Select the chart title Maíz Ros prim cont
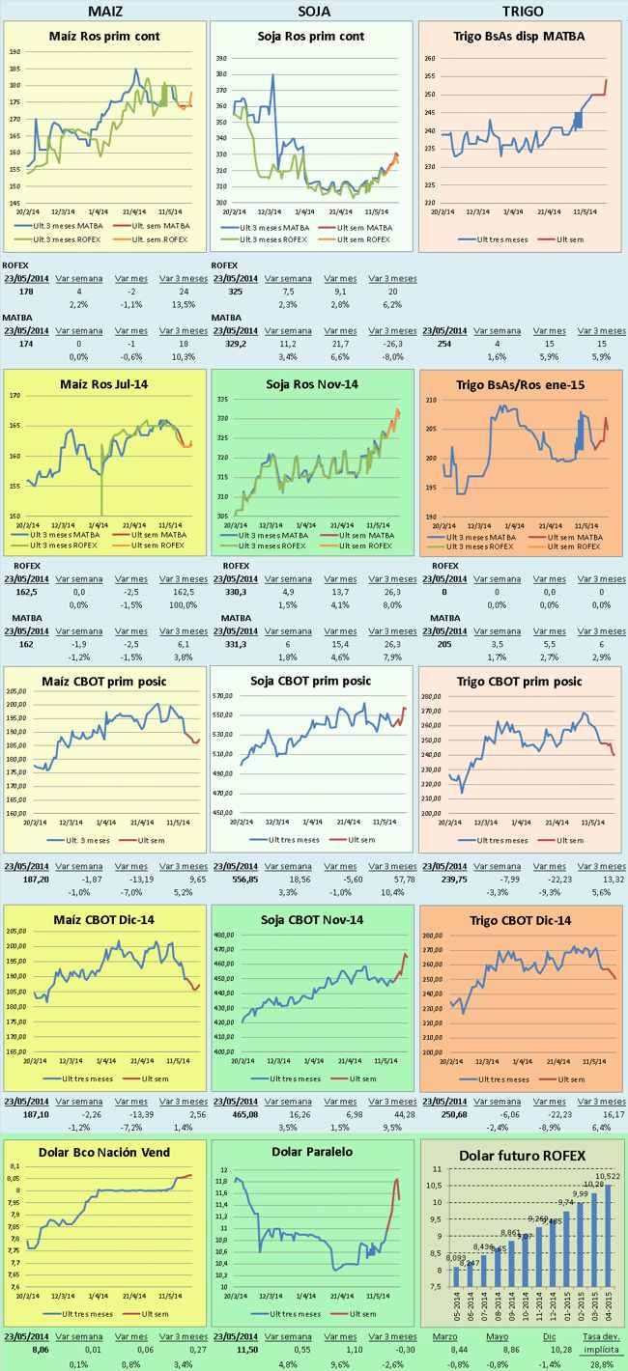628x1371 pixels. coord(104,36)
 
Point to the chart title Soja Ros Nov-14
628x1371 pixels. coord(311,384)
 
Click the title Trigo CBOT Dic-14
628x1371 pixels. coord(522,920)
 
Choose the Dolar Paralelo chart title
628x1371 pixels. coord(311,1152)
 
